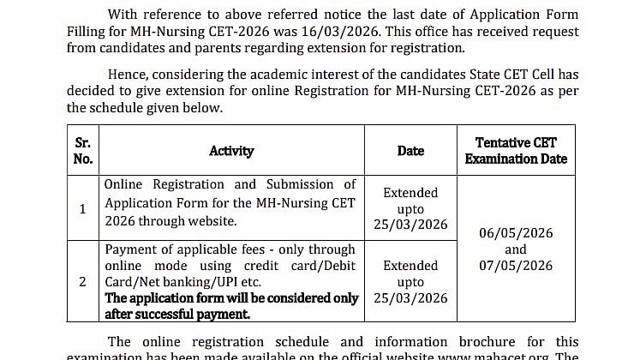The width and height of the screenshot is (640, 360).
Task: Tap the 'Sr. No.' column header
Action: tap(82, 150)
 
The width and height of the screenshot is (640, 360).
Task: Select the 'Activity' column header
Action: tap(231, 151)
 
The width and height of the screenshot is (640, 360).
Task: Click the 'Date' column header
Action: tap(410, 151)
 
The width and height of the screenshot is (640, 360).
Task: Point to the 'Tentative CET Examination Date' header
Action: tap(516, 150)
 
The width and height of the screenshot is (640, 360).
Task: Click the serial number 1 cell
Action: tap(82, 208)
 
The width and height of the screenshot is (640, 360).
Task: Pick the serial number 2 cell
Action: tap(82, 281)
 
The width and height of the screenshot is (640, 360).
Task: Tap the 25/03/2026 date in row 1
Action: tap(410, 225)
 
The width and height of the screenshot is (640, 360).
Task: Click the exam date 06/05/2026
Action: tap(516, 233)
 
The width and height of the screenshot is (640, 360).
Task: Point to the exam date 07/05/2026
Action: tap(516, 266)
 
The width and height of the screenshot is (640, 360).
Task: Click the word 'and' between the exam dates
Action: tap(516, 249)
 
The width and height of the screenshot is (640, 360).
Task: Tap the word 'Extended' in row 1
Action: tap(410, 193)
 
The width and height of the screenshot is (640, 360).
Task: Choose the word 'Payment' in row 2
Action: tap(132, 249)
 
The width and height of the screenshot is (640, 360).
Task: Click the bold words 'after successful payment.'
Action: tap(177, 315)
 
